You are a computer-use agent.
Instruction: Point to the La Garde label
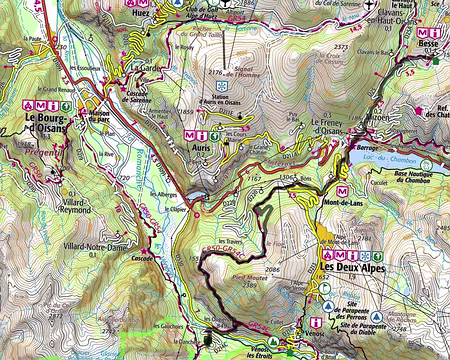click(145, 68)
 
